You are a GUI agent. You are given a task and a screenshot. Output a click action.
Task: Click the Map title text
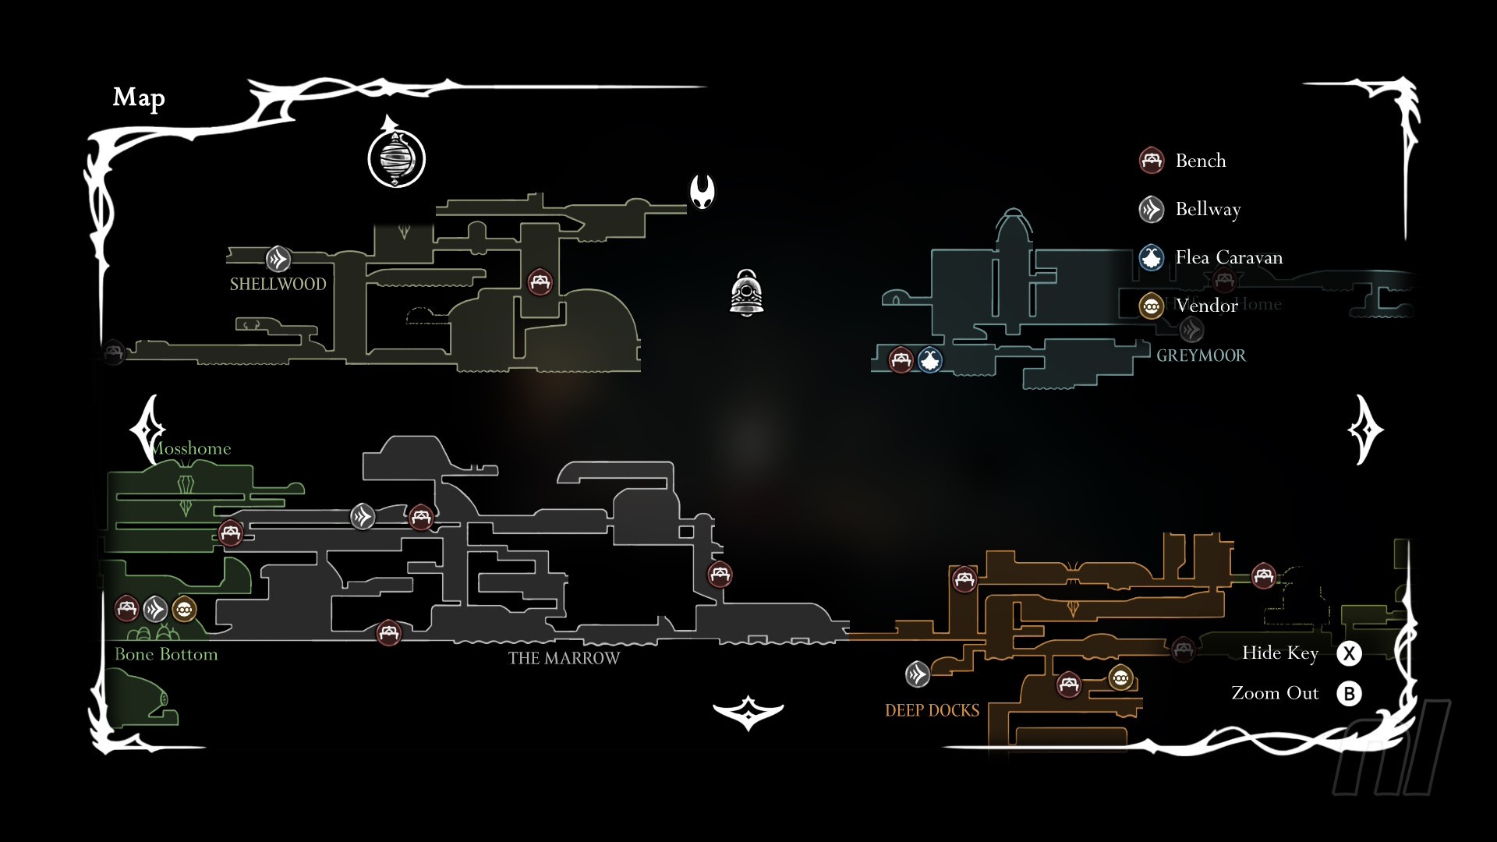(139, 97)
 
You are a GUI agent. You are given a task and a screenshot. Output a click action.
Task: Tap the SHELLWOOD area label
(278, 284)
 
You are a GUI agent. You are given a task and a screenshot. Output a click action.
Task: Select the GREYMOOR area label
(1201, 356)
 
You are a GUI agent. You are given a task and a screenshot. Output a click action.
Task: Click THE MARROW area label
(564, 658)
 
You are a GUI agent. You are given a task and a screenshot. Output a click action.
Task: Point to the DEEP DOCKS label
(932, 710)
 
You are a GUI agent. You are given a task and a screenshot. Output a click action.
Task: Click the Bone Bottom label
(166, 654)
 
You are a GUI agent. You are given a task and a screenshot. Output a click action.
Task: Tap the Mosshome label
(193, 448)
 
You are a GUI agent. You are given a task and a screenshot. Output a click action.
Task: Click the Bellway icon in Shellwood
(278, 259)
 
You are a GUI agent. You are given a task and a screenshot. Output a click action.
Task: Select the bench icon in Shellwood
(540, 281)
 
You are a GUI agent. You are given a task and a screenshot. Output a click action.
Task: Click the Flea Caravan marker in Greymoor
(929, 360)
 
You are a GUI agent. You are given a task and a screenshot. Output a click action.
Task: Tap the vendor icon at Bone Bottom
(184, 609)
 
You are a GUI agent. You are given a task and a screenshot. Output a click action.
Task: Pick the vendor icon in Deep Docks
(1120, 678)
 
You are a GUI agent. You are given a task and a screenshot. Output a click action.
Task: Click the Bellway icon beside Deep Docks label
(918, 674)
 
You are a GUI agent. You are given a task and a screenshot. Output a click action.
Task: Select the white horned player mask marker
(702, 191)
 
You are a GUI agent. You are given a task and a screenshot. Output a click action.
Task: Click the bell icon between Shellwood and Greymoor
(747, 293)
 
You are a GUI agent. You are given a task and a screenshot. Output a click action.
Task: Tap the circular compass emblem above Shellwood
(396, 158)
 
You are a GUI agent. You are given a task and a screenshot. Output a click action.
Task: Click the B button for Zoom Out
(1349, 693)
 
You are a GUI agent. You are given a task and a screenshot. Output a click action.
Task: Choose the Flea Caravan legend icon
(1152, 257)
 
